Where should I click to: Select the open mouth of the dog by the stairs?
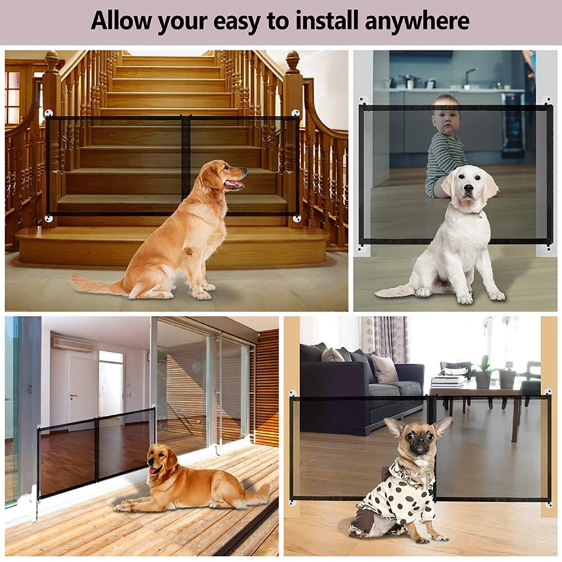click(x=235, y=184)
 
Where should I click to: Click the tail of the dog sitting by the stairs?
click(x=96, y=285)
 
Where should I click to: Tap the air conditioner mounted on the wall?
click(x=71, y=344)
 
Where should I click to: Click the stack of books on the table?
click(x=447, y=382)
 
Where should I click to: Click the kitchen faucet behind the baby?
click(x=468, y=76)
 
